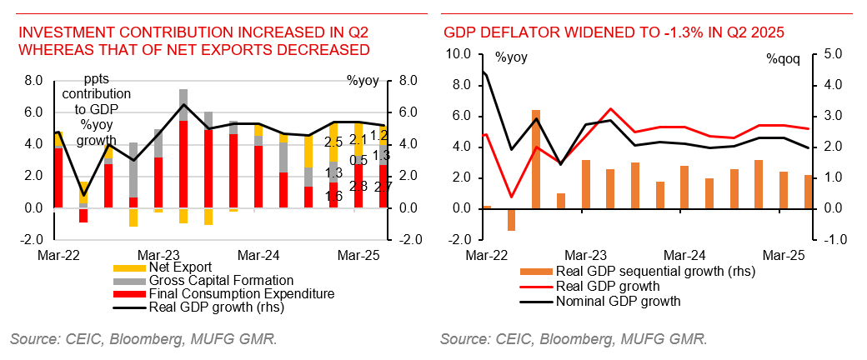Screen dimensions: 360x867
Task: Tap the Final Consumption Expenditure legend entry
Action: [241, 294]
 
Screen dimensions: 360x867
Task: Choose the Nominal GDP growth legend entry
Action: [617, 301]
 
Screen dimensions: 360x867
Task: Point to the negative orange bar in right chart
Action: [511, 219]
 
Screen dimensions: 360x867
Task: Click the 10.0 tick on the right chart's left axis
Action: [459, 54]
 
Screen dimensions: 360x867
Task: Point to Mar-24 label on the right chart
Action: [684, 253]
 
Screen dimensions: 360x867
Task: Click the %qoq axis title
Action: [783, 59]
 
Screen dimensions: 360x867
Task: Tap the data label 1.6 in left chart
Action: [334, 196]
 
